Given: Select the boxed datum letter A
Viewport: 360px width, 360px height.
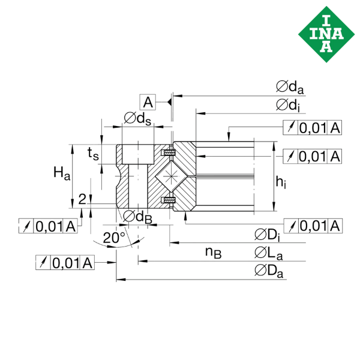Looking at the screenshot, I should [x=148, y=102].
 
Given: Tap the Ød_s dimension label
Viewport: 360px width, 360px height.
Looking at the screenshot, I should [x=137, y=118].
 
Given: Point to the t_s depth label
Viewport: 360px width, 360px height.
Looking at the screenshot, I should [x=94, y=154].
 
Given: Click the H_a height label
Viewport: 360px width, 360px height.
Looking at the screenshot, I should [x=62, y=174].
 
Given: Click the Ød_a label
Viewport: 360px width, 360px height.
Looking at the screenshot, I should [x=290, y=87].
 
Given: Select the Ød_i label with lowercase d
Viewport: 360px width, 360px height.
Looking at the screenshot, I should [x=289, y=105].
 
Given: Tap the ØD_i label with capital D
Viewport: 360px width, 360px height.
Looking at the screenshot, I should [x=268, y=233].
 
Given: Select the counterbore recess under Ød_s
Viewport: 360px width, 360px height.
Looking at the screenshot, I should [x=136, y=153].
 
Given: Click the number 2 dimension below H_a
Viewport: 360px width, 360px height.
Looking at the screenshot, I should [x=82, y=198].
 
